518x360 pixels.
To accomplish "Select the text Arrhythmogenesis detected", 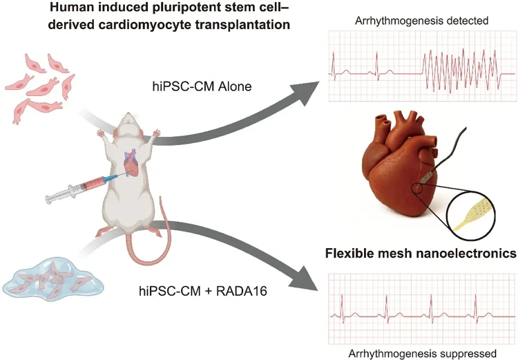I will coord(412,21).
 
